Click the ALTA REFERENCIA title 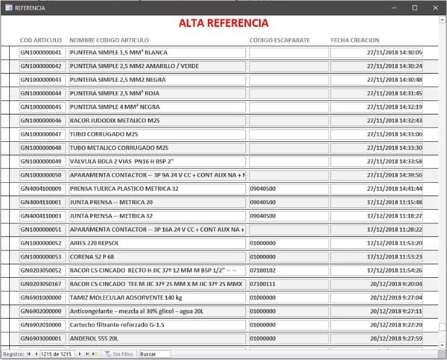coord(223,23)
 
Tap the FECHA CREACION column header coord(355,40)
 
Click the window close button coord(435,7)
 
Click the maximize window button coord(414,7)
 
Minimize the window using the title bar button coord(393,7)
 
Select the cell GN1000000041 coord(42,53)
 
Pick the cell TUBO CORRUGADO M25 coord(104,134)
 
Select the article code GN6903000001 coord(42,338)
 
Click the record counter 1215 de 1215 coord(57,353)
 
